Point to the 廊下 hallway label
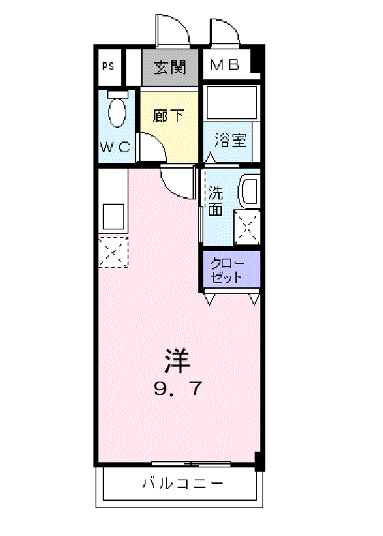168,115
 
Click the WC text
115,147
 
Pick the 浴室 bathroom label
230,140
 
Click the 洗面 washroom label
215,201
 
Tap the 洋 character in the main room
177,360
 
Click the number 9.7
177,389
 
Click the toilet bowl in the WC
117,111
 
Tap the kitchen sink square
114,215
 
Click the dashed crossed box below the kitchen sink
113,252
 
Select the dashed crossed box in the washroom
247,228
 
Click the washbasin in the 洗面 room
249,192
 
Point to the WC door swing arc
152,148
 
